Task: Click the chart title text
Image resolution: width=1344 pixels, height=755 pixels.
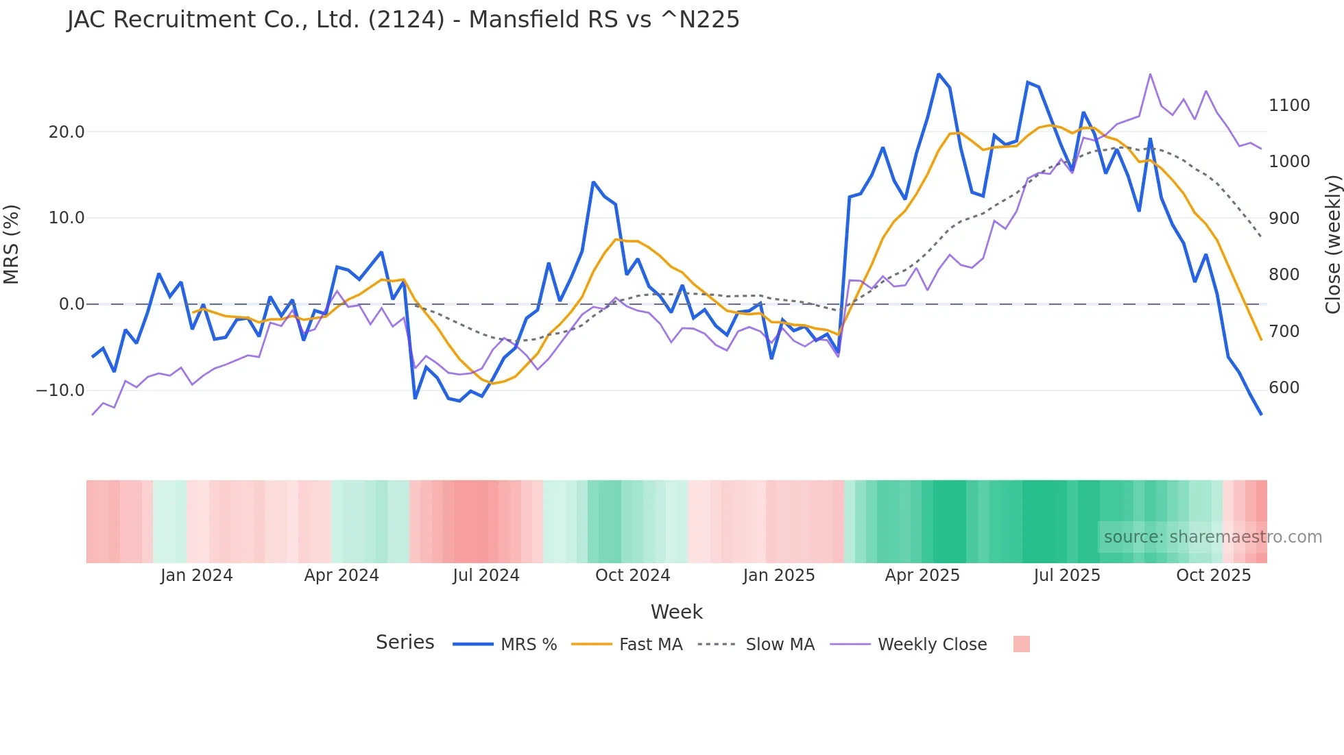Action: pyautogui.click(x=403, y=20)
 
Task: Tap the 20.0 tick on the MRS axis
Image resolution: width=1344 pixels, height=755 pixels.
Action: pyautogui.click(x=67, y=132)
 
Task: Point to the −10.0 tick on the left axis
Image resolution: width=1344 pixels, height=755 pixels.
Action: pyautogui.click(x=60, y=391)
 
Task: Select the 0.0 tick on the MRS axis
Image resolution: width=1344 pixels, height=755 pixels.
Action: pyautogui.click(x=72, y=304)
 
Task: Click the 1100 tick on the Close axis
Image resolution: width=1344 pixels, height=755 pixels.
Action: pyautogui.click(x=1289, y=106)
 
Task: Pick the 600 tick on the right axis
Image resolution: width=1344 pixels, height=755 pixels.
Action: pyautogui.click(x=1284, y=388)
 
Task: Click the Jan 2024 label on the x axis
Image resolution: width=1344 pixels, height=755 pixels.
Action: pyautogui.click(x=197, y=575)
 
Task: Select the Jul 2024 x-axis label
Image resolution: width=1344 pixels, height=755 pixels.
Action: pyautogui.click(x=486, y=575)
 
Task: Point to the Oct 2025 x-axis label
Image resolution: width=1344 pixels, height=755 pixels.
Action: pyautogui.click(x=1214, y=575)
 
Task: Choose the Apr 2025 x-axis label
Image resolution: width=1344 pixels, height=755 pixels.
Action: pyautogui.click(x=922, y=575)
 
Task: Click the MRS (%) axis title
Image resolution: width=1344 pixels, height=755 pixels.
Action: pyautogui.click(x=12, y=245)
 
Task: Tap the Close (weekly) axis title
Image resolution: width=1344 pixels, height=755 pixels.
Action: pyautogui.click(x=1332, y=245)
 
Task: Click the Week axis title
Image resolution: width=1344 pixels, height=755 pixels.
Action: pyautogui.click(x=676, y=612)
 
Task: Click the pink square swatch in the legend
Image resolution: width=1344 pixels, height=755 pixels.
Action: pyautogui.click(x=1022, y=644)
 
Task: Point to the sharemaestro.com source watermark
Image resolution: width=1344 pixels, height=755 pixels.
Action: pyautogui.click(x=1212, y=537)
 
